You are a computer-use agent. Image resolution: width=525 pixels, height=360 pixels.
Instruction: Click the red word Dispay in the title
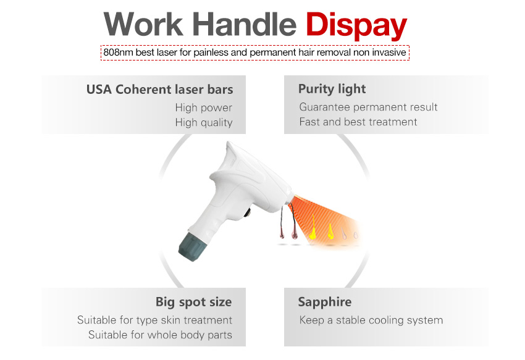pos(357,25)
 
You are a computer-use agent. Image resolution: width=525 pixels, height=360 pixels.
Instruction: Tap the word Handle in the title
pos(245,25)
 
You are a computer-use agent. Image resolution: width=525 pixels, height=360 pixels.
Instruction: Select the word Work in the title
pos(145,25)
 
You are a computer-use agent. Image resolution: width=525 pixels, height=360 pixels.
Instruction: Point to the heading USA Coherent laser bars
pos(159,90)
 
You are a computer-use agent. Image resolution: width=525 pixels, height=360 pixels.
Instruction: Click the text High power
pos(203,107)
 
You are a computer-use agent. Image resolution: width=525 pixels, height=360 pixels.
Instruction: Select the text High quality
pos(203,122)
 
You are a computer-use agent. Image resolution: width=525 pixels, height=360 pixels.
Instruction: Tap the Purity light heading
pos(332,89)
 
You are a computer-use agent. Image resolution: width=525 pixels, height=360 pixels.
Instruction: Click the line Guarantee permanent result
pos(368,107)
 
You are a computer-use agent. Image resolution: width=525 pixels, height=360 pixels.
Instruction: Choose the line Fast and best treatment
pos(358,122)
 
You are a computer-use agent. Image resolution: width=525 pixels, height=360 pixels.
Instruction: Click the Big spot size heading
pos(193,302)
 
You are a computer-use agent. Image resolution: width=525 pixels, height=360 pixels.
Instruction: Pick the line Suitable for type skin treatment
pos(154,320)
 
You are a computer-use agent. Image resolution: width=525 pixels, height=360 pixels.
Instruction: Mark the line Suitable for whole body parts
pos(160,335)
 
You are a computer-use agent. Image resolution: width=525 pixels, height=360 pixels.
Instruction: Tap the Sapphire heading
pos(324,302)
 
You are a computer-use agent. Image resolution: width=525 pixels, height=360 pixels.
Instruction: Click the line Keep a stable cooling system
pos(371,320)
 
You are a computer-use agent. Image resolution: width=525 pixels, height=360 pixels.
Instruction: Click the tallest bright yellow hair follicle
pos(313,228)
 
